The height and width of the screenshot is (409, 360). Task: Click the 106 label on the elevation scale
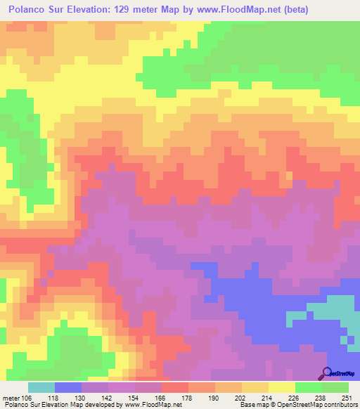(26, 397)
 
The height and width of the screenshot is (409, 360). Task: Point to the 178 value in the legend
(188, 397)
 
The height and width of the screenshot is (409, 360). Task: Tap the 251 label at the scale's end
(349, 397)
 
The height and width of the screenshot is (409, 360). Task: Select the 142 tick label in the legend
(107, 397)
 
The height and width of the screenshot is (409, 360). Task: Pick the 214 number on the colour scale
(269, 397)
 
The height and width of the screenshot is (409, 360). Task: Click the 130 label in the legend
(80, 397)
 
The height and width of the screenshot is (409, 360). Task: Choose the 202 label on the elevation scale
(241, 397)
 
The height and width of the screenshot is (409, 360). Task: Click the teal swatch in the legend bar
(41, 387)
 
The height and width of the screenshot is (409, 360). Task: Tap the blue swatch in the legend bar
(67, 387)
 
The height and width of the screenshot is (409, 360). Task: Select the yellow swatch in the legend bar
(283, 387)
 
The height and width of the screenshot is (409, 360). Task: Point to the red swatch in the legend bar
(175, 387)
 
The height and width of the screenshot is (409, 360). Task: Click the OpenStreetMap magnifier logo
(327, 373)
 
